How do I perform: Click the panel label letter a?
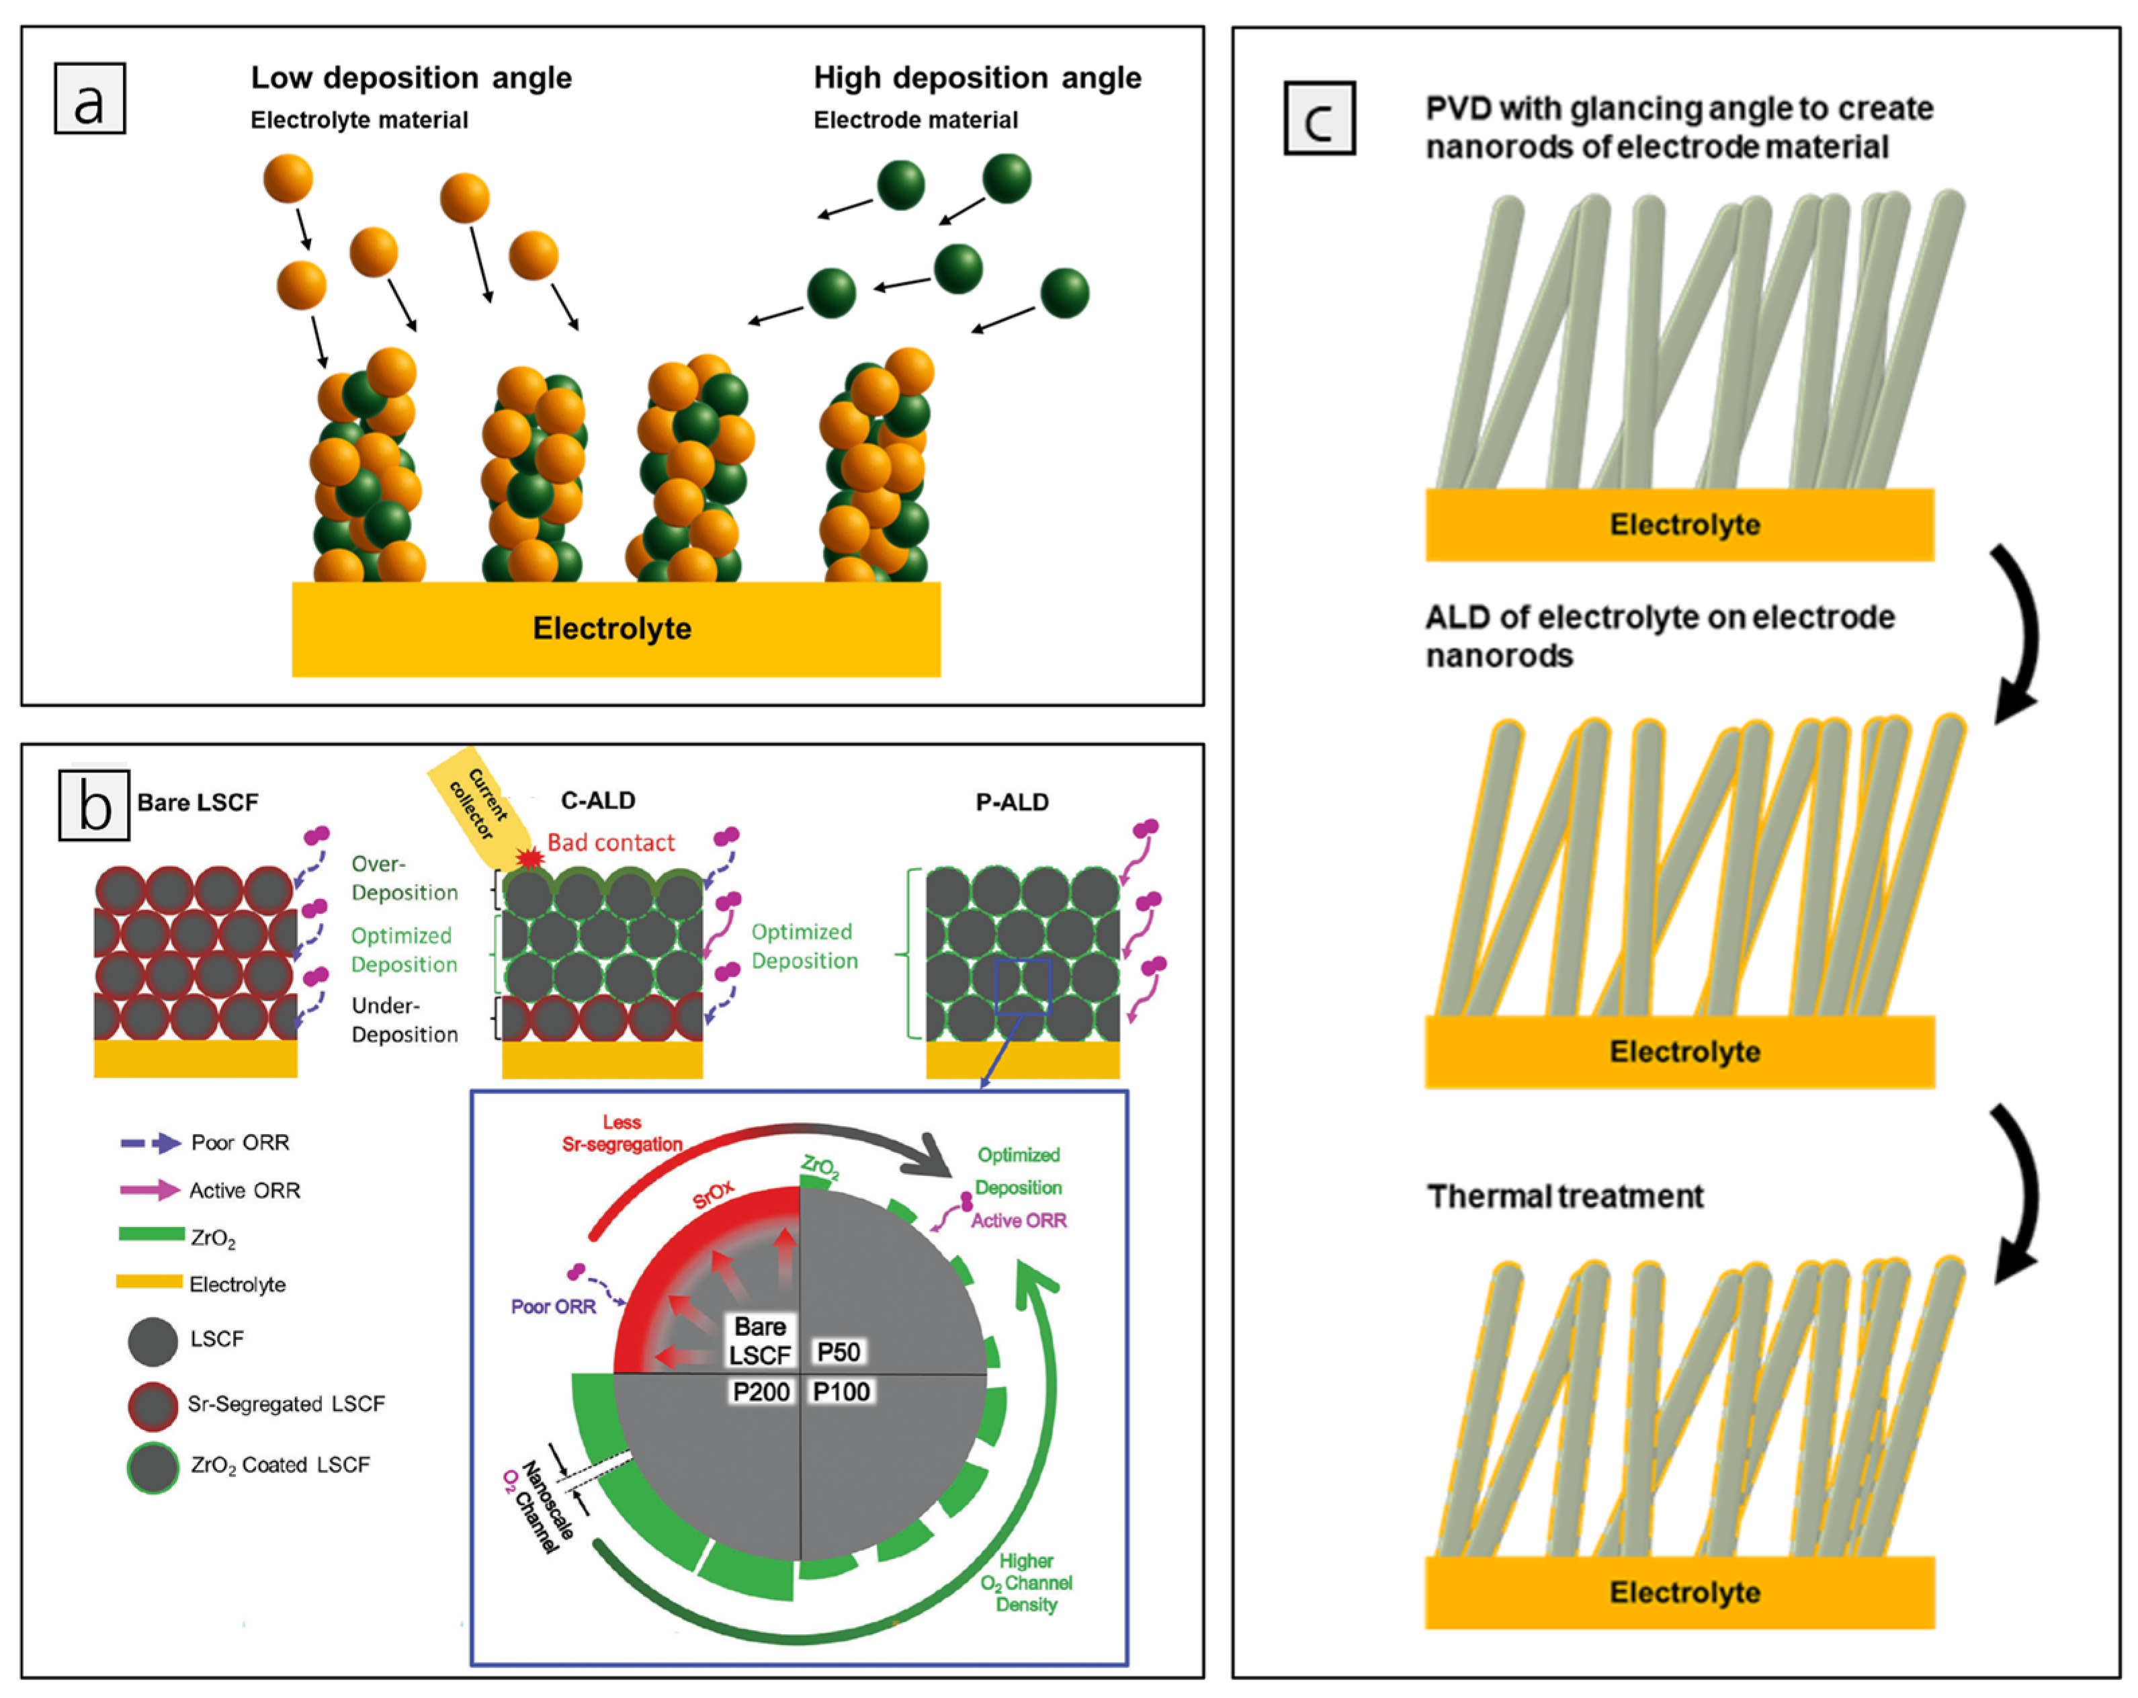89,99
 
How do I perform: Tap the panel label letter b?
94,804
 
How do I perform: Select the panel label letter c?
1319,119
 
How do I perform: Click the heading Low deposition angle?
411,77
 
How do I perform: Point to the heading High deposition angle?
977,77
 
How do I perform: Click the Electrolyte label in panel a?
612,628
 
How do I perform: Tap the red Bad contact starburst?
531,856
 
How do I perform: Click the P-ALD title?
1011,802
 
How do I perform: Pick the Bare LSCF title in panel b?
198,802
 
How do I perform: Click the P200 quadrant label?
761,1392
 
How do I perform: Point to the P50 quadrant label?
838,1352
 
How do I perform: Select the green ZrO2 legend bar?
151,1234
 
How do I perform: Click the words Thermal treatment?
1565,1196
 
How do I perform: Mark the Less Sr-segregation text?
622,1133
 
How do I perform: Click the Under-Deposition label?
404,1019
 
